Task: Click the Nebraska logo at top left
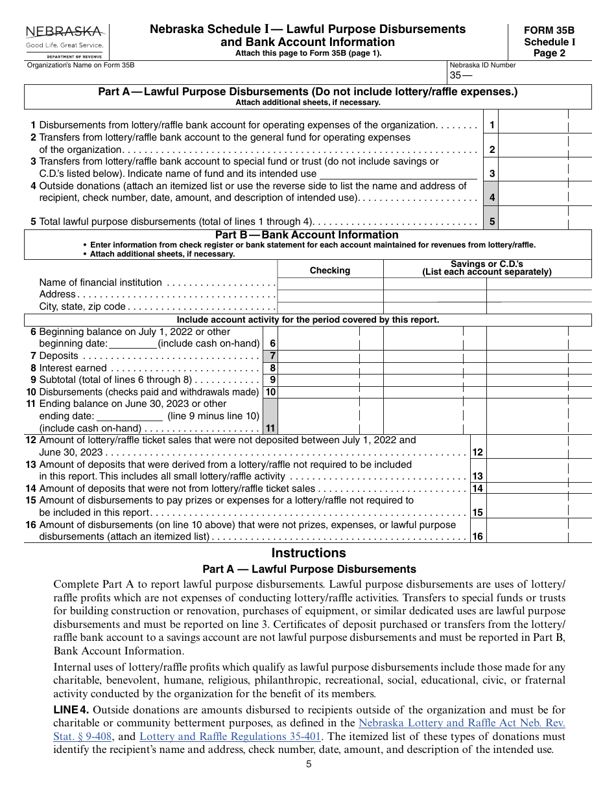65,41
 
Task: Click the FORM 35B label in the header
549,30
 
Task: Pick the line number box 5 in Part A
492,222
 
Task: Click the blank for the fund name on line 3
398,173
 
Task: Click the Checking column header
330,270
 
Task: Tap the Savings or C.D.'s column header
486,268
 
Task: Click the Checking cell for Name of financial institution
330,283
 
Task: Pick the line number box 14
477,489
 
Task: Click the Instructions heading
309,553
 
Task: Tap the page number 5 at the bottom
309,764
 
